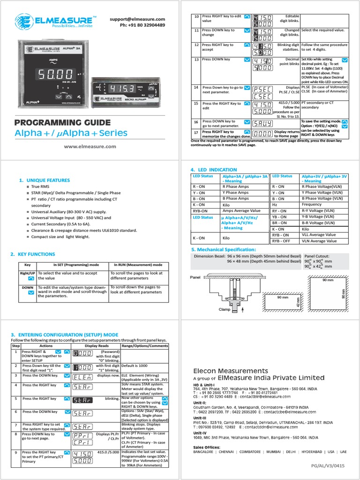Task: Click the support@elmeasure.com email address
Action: [x=138, y=19]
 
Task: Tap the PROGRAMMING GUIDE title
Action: [x=63, y=123]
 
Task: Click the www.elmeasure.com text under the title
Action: [x=90, y=146]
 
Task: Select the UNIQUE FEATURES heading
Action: [x=45, y=180]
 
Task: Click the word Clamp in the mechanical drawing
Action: [x=225, y=310]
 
